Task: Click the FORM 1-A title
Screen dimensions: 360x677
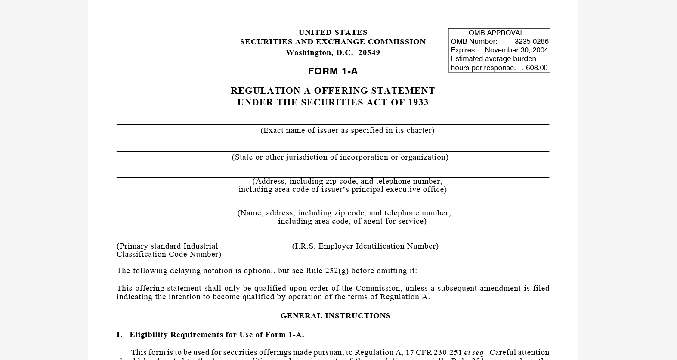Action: (333, 71)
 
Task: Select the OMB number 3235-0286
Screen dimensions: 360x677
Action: (531, 42)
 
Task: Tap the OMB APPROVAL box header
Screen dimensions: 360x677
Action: (496, 33)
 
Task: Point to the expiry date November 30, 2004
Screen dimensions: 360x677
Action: (516, 50)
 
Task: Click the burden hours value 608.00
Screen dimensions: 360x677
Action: (536, 68)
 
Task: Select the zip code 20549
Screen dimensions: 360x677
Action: (369, 52)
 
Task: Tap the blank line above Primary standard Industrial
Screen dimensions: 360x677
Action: (170, 241)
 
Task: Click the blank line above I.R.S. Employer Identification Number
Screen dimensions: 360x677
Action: (368, 241)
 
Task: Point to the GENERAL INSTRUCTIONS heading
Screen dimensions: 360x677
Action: (335, 316)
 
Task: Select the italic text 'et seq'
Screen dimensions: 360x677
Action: (474, 352)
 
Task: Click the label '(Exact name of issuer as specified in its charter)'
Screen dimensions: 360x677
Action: (347, 130)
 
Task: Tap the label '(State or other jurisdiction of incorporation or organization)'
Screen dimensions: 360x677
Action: (340, 157)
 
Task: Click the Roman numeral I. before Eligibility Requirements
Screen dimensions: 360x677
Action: (119, 335)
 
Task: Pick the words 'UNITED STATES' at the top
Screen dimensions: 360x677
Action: (333, 32)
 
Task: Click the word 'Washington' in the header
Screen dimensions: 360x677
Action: (309, 52)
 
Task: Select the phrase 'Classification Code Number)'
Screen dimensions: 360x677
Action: (169, 254)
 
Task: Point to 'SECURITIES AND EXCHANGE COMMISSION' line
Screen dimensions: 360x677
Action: (333, 42)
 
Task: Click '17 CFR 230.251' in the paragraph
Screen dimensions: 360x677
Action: (433, 352)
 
